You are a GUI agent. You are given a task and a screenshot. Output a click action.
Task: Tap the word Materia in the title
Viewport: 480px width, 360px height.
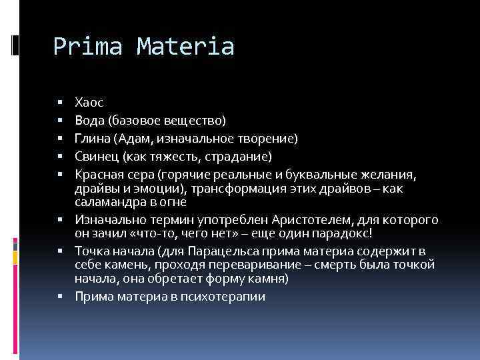point(186,47)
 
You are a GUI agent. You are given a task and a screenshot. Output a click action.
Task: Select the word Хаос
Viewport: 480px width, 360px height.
point(89,102)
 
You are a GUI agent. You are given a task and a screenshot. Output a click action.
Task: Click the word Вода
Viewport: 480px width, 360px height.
point(88,120)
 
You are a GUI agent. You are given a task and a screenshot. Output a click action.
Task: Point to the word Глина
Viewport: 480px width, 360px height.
point(92,138)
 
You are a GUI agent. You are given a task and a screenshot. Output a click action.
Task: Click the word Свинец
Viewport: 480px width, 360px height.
point(96,156)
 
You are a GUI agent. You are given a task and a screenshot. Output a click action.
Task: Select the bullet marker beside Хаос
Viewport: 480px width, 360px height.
point(60,103)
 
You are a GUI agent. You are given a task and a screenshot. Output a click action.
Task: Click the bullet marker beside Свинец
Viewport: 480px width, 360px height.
point(60,157)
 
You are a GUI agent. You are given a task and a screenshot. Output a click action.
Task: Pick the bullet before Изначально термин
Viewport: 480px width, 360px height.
point(60,219)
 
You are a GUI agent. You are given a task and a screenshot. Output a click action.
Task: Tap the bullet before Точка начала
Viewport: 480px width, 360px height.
point(60,251)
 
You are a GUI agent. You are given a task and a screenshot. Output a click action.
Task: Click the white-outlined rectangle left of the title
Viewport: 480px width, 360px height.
point(15,44)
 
